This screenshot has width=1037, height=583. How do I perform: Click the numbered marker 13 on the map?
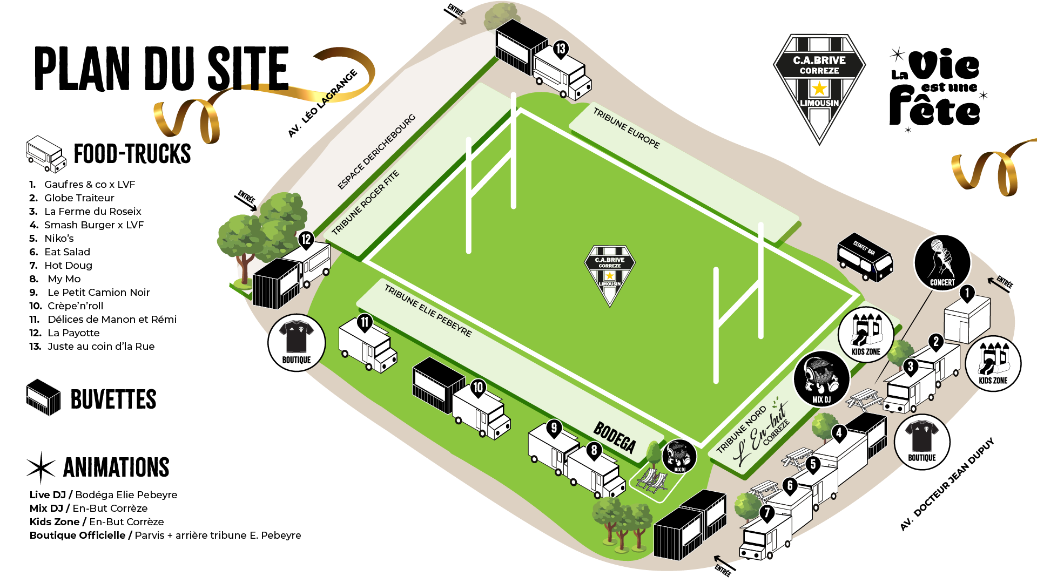[560, 49]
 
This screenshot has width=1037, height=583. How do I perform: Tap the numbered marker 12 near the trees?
[306, 239]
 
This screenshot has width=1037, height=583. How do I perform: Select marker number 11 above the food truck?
[365, 322]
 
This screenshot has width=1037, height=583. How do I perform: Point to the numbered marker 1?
[967, 293]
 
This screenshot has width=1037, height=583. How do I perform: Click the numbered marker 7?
[766, 512]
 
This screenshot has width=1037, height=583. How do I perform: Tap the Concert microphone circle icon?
[942, 263]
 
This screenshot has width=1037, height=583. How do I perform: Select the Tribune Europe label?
[626, 128]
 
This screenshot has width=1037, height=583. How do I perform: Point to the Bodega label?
[614, 437]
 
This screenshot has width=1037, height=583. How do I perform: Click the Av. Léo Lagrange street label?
[322, 103]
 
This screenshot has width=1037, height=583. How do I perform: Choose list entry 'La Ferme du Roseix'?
[92, 212]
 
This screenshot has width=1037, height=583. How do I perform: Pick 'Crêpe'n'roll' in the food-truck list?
[75, 306]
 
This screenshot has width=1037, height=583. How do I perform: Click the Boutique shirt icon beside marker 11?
[297, 343]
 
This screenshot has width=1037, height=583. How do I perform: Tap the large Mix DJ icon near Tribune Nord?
[821, 379]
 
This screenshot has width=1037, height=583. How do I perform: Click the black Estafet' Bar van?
[865, 257]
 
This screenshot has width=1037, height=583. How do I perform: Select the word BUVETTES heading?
[113, 399]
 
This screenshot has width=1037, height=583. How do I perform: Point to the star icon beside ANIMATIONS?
[41, 467]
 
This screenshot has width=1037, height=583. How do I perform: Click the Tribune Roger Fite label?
[365, 202]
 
